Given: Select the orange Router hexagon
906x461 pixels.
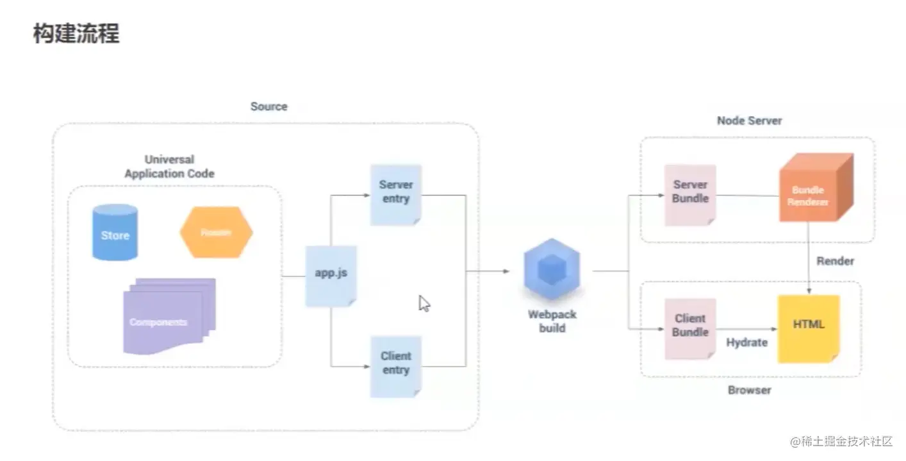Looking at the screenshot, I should coord(216,232).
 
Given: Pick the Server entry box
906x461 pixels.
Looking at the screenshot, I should coord(396,194).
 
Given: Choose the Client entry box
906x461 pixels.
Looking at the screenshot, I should coord(396,366).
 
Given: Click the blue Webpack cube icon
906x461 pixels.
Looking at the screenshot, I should coord(552,270).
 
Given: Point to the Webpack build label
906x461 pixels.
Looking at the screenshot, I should coord(552,321).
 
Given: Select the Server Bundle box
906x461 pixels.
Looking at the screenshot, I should coord(690,195).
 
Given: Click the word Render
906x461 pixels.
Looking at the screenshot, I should coord(835,262).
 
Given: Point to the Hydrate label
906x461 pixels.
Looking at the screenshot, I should coord(746,343).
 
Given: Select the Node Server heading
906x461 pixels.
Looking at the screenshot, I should coord(749,121).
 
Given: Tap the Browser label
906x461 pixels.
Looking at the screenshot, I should coord(749,390).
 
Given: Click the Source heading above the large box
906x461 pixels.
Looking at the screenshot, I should coord(268,106).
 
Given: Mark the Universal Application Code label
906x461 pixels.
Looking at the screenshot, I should coord(169,167).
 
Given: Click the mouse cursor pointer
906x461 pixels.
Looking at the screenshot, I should coord(424,303).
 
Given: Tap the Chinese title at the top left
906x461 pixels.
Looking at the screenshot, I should coord(76,34).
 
